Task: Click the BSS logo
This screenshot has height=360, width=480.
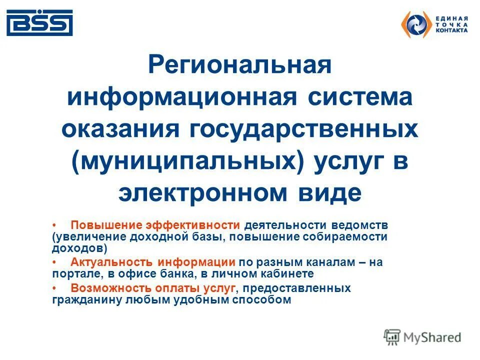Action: pos(39,22)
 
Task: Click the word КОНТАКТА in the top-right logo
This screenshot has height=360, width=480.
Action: pos(452,30)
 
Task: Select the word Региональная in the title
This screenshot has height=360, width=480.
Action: pos(240,65)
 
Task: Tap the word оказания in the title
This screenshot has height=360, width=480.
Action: pos(120,129)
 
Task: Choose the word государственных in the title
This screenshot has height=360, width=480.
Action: pos(303,129)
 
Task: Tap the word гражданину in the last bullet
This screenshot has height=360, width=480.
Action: pos(81,300)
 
